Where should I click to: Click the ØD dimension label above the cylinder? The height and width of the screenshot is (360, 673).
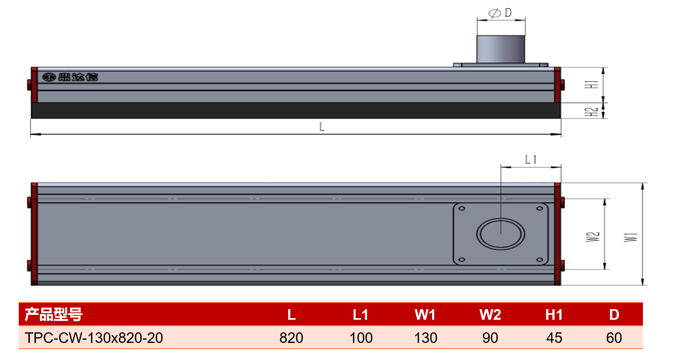(x=500, y=13)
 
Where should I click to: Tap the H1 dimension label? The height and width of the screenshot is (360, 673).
(x=591, y=85)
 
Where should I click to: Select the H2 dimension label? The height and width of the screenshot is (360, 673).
(x=591, y=112)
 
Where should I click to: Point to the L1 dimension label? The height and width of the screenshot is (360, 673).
(x=531, y=159)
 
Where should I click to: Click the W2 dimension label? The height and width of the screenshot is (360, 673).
(x=593, y=237)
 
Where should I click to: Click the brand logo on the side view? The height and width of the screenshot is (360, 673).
(x=70, y=77)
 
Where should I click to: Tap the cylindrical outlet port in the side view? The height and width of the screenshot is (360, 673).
(x=500, y=49)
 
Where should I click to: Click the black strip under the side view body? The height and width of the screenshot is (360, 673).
(x=296, y=111)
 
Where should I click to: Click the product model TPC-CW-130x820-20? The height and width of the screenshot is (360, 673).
(x=94, y=338)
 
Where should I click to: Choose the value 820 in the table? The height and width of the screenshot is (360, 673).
(x=291, y=338)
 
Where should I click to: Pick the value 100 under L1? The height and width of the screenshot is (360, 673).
(x=361, y=338)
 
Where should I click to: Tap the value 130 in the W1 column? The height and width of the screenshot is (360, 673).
(x=426, y=338)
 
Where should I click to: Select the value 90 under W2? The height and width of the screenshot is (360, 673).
(x=490, y=338)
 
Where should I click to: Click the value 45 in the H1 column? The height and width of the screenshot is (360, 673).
(x=554, y=338)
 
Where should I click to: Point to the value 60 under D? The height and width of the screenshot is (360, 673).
(x=614, y=338)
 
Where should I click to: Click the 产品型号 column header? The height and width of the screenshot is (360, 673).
(x=53, y=314)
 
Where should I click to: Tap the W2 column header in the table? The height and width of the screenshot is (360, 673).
(x=490, y=315)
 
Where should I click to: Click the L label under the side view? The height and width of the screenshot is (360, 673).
(x=322, y=127)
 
